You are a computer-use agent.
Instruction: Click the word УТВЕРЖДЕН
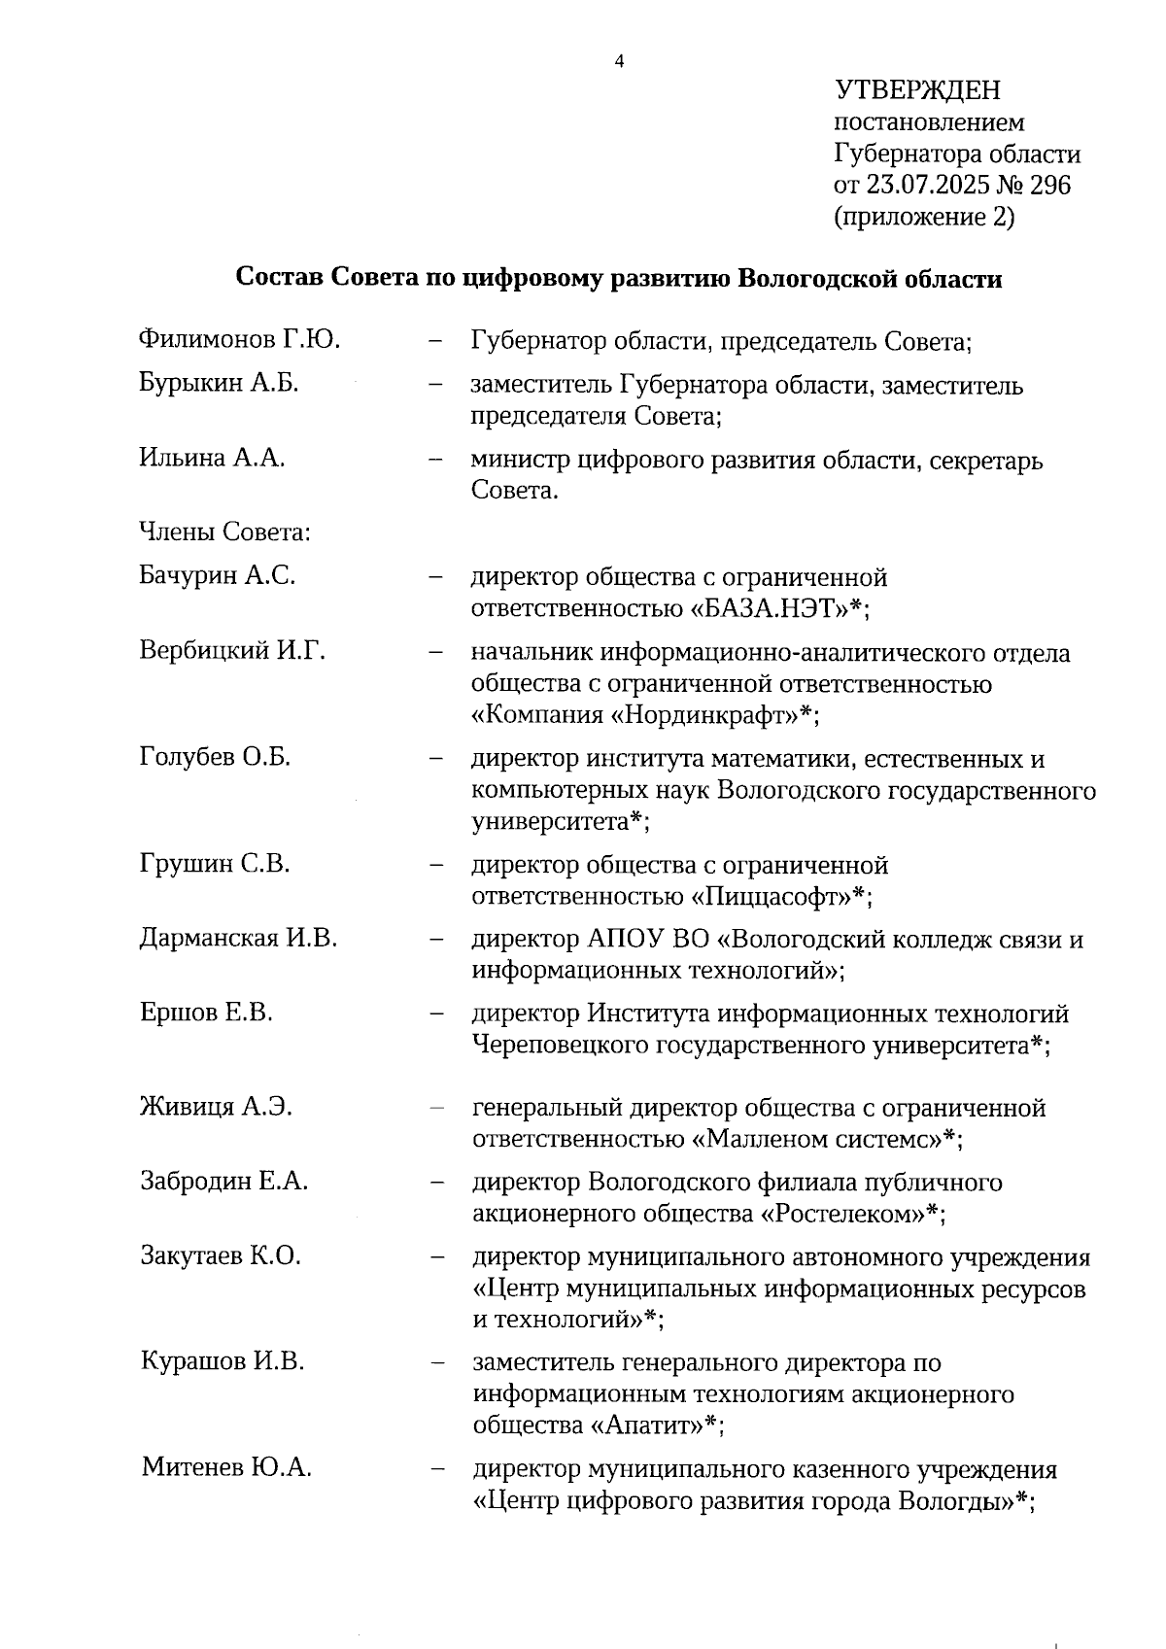coord(917,91)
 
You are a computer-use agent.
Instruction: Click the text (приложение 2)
coord(924,217)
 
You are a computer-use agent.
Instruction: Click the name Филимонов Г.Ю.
coord(239,339)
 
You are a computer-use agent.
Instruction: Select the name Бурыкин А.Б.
coord(219,383)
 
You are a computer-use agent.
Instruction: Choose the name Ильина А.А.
coord(212,458)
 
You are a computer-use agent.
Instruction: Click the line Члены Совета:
coord(224,532)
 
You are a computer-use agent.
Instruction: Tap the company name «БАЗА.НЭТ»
coord(769,608)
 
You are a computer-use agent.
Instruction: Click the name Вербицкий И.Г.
coord(232,650)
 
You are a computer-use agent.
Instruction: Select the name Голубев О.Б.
coord(215,756)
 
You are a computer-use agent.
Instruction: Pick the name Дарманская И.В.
coord(238,938)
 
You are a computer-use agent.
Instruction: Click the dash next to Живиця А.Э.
coord(437,1107)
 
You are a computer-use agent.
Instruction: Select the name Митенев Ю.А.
coord(226,1467)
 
